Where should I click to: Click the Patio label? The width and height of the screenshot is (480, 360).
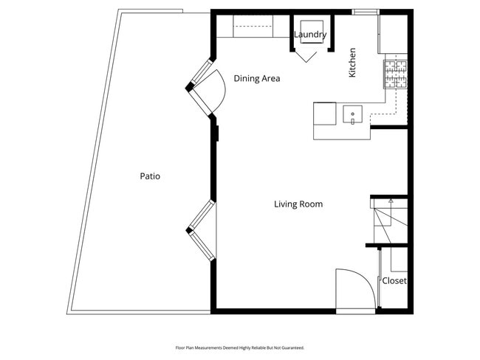[x=150, y=176]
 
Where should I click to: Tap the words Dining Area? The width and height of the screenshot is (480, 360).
[x=256, y=78]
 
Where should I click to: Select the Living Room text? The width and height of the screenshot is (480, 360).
[x=298, y=204]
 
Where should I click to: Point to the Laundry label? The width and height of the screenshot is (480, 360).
[x=310, y=35]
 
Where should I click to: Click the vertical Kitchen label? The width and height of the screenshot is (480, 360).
[x=353, y=63]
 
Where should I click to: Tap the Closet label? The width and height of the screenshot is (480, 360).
[x=394, y=281]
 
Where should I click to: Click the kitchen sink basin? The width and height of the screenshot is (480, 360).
[x=353, y=115]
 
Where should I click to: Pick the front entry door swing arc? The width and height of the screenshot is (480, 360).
[x=352, y=288]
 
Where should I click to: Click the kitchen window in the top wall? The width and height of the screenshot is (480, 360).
[x=365, y=12]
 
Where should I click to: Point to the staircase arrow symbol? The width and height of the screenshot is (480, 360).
[x=391, y=200]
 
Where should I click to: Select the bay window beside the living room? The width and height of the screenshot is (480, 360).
[x=201, y=229]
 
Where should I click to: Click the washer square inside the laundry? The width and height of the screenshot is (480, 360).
[x=309, y=27]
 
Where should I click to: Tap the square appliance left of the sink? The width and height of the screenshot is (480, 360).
[x=325, y=114]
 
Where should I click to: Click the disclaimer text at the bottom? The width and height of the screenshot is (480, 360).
[x=239, y=347]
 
